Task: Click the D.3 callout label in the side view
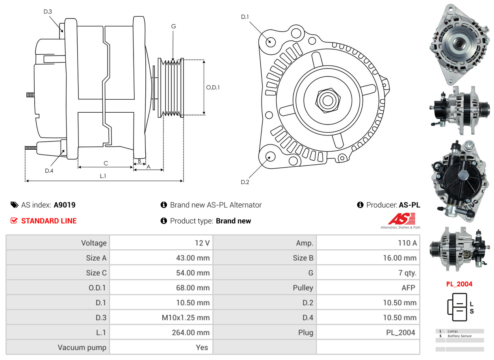coord(48,11)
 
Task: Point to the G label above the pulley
coord(173,26)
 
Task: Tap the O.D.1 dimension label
coord(213,87)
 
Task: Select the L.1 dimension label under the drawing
coord(103,176)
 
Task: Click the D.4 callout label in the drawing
coord(49,171)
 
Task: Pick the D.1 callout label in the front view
coord(245,17)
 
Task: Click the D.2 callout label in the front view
coord(245,182)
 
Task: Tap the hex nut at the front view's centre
coord(327,100)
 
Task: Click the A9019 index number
coord(65,205)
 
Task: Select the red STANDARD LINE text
coord(49,221)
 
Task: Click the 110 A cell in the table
coord(407,243)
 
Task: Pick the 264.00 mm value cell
coord(190,332)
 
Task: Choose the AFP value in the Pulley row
coord(408,288)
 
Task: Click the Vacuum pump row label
coord(82,347)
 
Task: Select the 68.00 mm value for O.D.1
coord(193,288)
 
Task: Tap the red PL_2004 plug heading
coord(459,284)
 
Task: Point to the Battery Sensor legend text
coord(459,336)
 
